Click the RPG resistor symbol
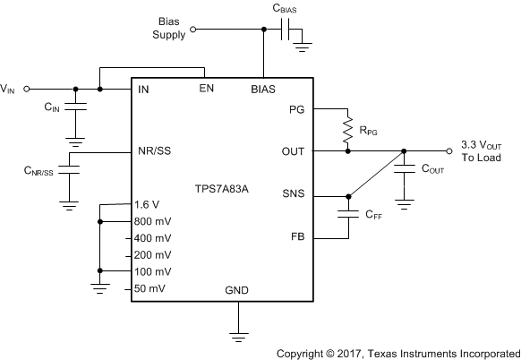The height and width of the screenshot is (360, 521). pos(347,130)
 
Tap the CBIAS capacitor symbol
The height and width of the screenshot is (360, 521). pos(285,30)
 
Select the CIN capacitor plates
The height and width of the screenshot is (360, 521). pos(75,107)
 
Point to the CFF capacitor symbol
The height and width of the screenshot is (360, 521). pos(348,214)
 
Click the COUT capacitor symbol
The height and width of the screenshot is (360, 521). pos(404,169)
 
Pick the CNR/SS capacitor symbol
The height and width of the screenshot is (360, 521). pos(69,169)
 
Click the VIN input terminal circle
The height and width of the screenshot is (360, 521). pos(27,89)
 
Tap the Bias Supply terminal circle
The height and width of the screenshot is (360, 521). pos(192,30)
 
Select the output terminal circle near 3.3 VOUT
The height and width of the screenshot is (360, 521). pos(448,151)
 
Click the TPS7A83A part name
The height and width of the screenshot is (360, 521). pos(222,189)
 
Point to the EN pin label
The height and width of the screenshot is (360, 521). pos(206,89)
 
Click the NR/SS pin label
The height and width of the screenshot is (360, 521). pos(155,151)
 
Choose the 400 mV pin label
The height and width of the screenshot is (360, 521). pos(153,238)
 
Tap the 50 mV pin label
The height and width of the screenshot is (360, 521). pos(149,288)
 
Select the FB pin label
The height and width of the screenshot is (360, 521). pos(298,236)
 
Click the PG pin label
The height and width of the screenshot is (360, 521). pos(296,109)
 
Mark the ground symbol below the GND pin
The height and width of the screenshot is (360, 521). pos(238,337)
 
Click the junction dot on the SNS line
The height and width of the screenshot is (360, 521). pos(348,197)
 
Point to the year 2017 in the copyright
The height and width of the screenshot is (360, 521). pos(348,354)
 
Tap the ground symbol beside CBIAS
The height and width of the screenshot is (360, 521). pos(302,47)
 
